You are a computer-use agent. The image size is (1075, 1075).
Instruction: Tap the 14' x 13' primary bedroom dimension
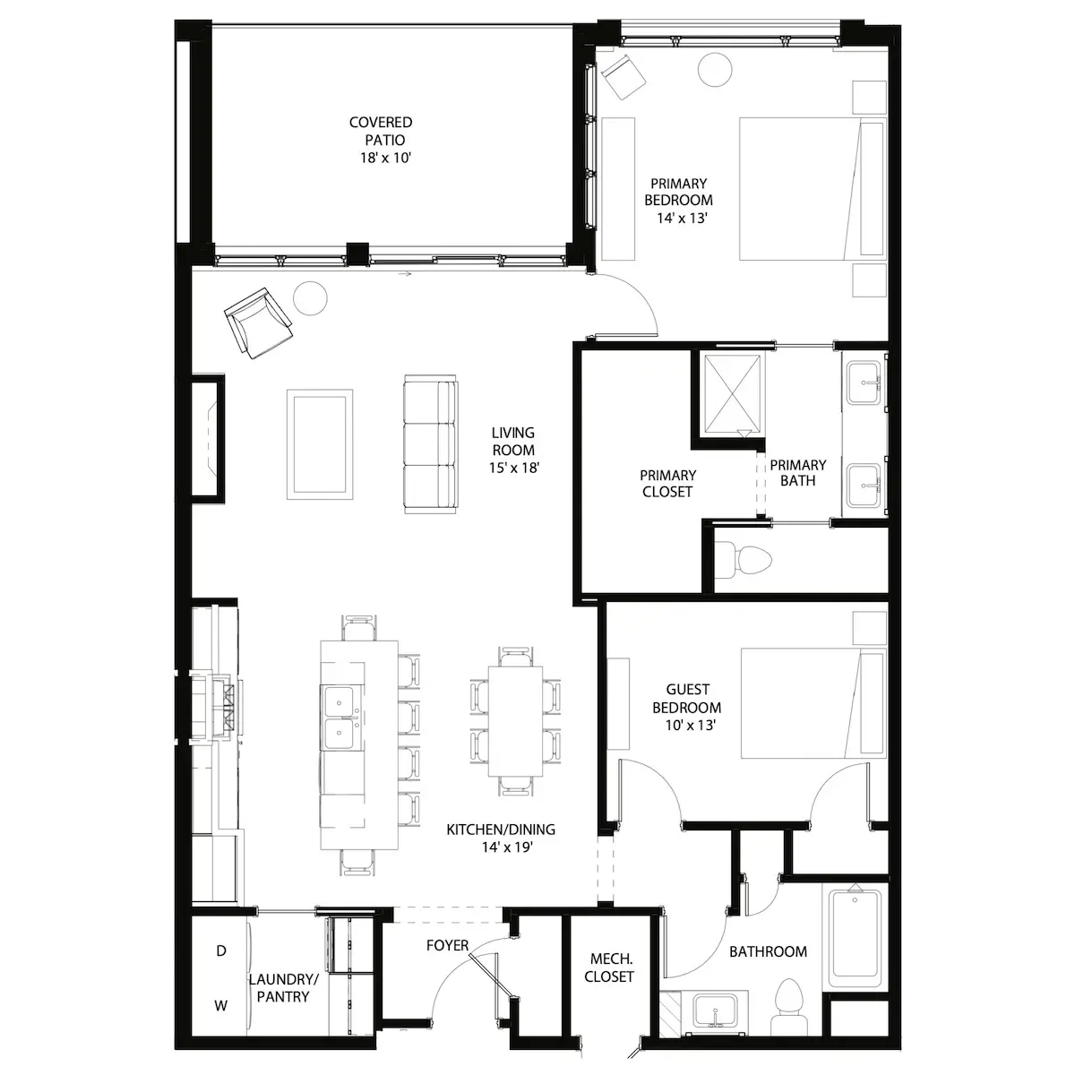coord(682,218)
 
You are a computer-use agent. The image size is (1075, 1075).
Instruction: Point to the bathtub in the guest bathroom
coord(856,938)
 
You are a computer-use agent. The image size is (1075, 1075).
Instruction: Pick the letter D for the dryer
coord(221,951)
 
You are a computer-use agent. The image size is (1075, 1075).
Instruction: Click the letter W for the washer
coord(221,1006)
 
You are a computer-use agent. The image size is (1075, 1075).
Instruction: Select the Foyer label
coord(447,945)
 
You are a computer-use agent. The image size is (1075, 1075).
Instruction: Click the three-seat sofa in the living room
coord(431,444)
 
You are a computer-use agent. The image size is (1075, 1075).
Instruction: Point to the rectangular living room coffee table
coord(320,444)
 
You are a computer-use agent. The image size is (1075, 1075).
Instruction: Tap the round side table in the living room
coord(310,298)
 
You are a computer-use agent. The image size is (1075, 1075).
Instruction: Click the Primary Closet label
coord(667,483)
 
